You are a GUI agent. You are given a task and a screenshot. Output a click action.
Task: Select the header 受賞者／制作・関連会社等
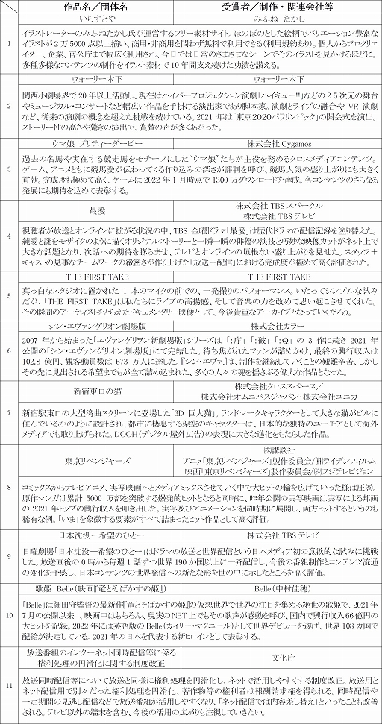pyautogui.click(x=282, y=7)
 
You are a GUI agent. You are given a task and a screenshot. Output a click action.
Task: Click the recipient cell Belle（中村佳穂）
pyautogui.click(x=282, y=588)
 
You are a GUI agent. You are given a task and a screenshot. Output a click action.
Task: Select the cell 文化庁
pyautogui.click(x=282, y=658)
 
